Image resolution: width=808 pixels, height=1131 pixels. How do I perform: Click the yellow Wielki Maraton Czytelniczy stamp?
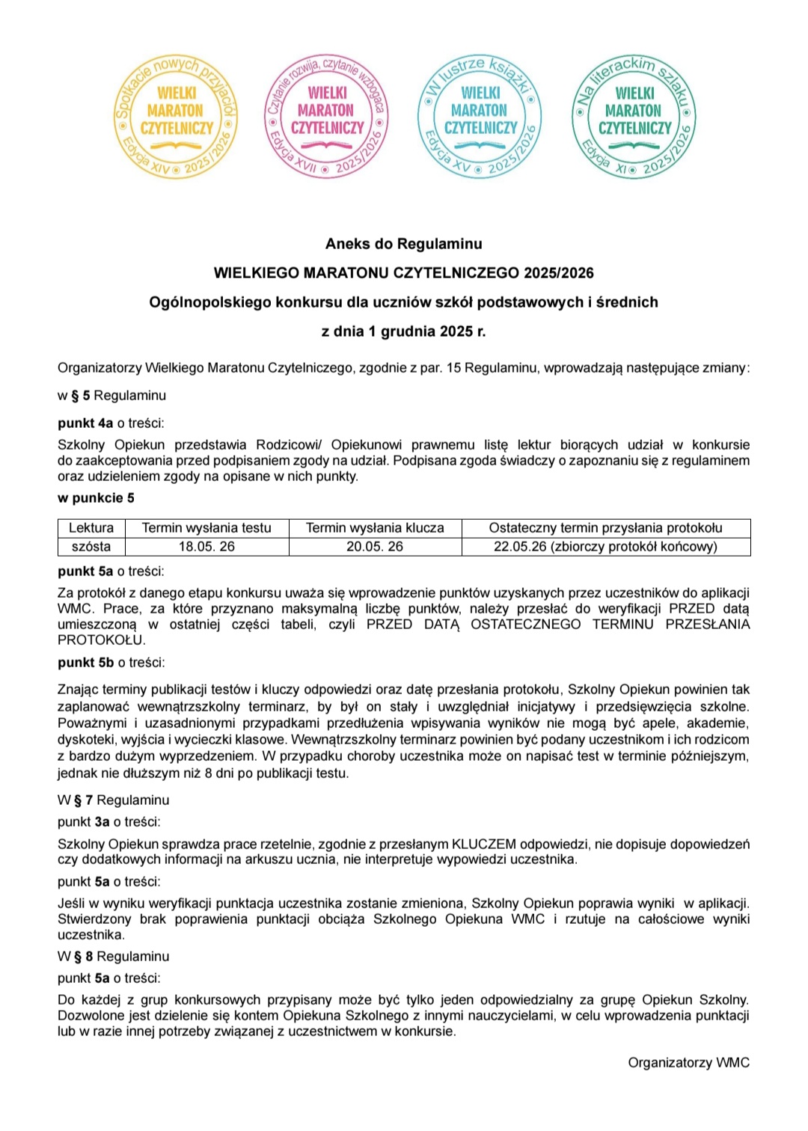click(x=177, y=116)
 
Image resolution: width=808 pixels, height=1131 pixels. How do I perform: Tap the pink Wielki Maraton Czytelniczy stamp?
click(x=327, y=116)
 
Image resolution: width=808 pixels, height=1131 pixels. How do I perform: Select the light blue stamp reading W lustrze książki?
click(x=480, y=116)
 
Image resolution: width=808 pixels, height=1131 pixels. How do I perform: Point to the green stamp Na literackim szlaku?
click(x=634, y=116)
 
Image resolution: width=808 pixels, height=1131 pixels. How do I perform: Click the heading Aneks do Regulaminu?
click(x=403, y=244)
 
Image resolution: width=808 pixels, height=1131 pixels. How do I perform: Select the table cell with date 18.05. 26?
click(x=206, y=547)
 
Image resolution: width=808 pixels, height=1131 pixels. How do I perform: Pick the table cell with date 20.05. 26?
click(x=374, y=547)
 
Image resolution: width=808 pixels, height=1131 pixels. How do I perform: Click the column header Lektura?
click(x=91, y=528)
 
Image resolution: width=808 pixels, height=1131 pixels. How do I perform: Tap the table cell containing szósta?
click(x=91, y=547)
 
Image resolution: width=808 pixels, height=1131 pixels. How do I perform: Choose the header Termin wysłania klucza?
click(x=374, y=528)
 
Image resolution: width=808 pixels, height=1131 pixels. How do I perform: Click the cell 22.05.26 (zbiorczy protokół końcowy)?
click(x=605, y=547)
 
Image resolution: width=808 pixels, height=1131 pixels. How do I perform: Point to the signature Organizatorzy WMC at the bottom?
click(x=688, y=1063)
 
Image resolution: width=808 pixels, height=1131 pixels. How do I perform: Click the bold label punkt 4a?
click(x=85, y=423)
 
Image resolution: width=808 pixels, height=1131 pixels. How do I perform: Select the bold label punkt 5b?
click(x=85, y=663)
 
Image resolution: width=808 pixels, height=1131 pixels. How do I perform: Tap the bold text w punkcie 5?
click(x=96, y=498)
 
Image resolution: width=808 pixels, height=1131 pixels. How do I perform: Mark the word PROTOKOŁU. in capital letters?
click(x=102, y=640)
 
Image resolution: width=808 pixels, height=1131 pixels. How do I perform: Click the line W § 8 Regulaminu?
click(x=114, y=957)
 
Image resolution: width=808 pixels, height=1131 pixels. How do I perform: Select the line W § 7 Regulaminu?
click(x=114, y=800)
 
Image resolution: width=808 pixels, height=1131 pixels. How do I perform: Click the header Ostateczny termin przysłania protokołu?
click(x=605, y=528)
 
